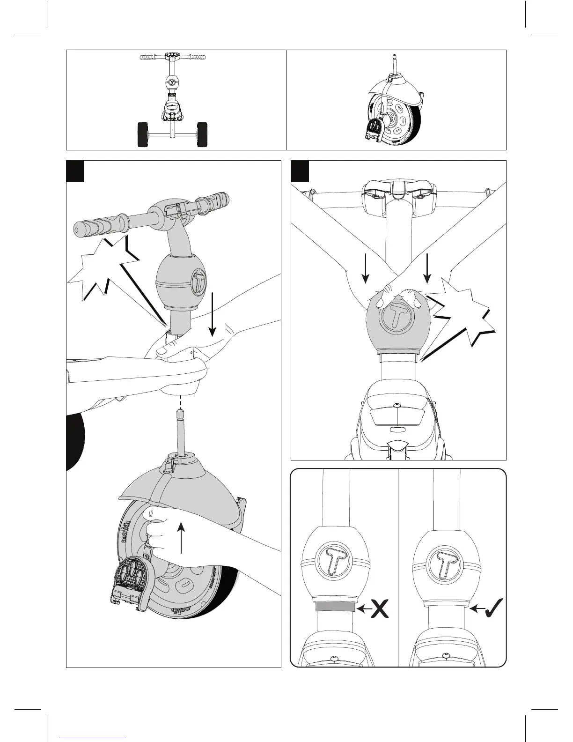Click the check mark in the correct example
tap(493, 608)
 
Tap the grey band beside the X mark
tap(335, 607)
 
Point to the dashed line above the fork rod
tap(180, 401)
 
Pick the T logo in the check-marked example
tap(443, 559)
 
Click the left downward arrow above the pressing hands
tap(366, 269)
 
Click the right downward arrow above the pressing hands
tap(427, 269)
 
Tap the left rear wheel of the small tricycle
tap(143, 135)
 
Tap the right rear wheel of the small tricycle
tap(203, 135)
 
